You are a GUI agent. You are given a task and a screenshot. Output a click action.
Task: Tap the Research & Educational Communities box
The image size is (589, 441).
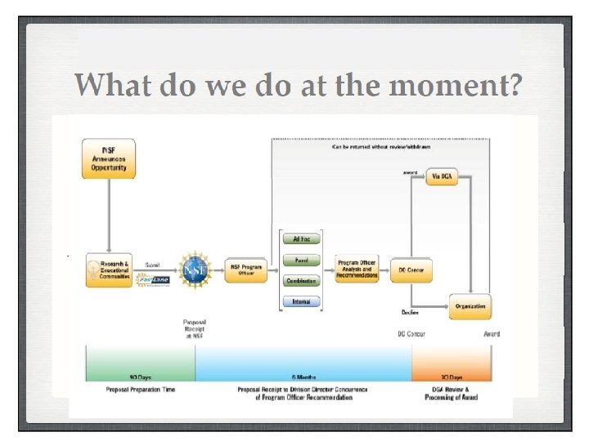(109, 269)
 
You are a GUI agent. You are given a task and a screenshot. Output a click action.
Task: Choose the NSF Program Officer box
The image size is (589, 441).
(246, 269)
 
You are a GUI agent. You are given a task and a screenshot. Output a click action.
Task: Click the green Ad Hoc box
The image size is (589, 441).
(301, 240)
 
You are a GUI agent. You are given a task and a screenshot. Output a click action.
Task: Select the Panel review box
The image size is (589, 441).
(301, 261)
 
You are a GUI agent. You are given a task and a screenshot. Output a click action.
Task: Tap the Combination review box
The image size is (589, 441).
(301, 281)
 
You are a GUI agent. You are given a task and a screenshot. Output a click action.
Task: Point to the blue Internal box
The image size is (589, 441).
(301, 301)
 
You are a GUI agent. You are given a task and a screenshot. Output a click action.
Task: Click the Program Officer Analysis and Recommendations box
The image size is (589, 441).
(357, 269)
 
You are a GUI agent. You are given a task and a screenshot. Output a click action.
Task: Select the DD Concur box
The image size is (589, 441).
(411, 269)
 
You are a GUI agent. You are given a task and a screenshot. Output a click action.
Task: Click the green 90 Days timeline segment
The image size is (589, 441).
(140, 363)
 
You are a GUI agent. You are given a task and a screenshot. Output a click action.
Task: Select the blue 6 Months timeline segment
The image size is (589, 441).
(303, 363)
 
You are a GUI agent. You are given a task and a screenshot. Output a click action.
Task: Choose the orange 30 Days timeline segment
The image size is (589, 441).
(452, 363)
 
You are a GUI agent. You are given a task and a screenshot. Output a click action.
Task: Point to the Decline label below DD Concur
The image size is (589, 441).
(410, 312)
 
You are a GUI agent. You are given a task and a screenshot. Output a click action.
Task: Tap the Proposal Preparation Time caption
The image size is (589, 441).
(140, 390)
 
